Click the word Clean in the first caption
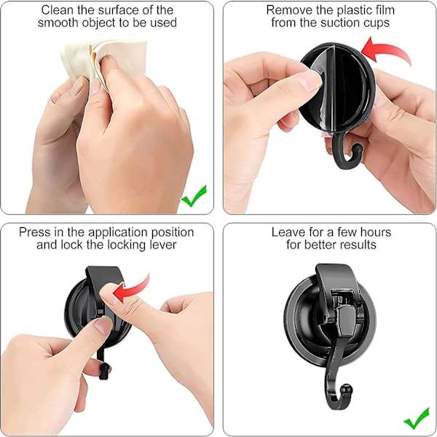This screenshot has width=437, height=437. tap(57, 10)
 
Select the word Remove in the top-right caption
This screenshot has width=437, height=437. tap(289, 10)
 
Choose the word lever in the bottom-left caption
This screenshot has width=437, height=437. tap(163, 245)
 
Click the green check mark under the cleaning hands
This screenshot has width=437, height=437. tap(194, 197)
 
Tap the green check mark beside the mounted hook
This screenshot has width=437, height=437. tap(417, 418)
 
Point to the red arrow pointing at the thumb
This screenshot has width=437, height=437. tap(131, 290)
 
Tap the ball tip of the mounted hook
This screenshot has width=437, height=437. tap(347, 389)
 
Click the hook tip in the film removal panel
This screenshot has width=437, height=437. tap(357, 149)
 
